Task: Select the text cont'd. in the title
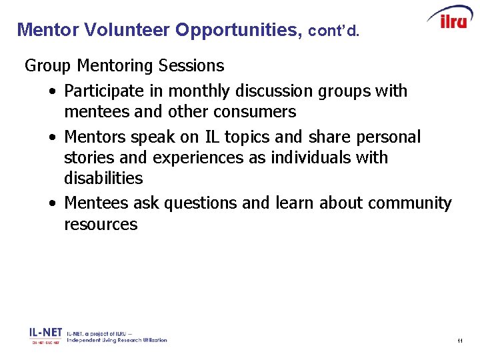coord(333,31)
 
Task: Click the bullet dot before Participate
coord(52,91)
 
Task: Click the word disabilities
coord(103,179)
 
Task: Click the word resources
coord(101,225)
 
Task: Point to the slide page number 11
coord(460,341)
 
